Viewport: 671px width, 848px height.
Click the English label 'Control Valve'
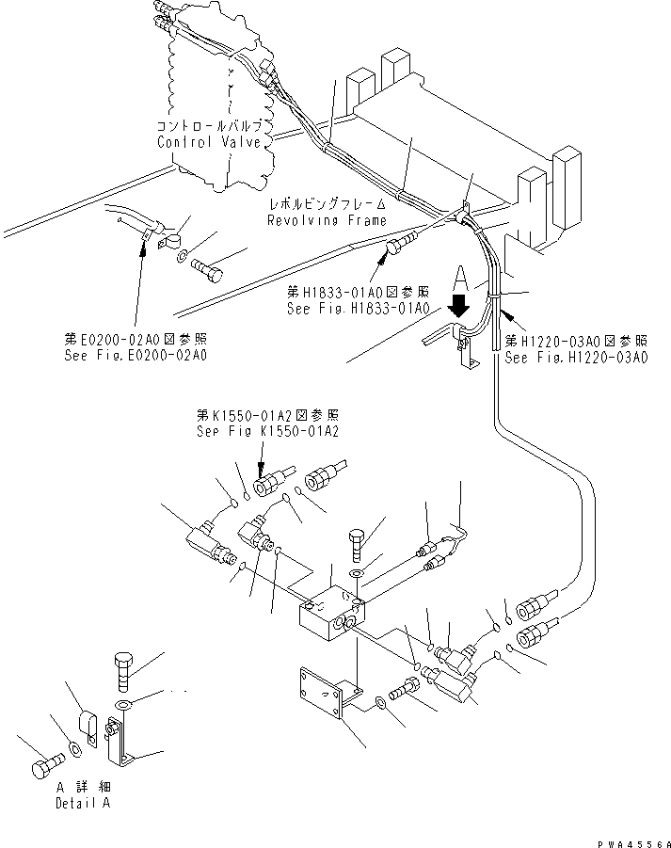(209, 142)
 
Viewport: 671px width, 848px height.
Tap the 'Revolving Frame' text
(328, 220)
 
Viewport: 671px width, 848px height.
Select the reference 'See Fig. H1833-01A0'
(359, 309)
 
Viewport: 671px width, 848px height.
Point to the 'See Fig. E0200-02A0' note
(136, 356)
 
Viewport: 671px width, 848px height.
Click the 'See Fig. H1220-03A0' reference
(576, 358)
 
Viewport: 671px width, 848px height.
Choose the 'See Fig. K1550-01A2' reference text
(267, 432)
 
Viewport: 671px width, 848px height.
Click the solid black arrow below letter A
(459, 306)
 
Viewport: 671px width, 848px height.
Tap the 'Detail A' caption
(83, 803)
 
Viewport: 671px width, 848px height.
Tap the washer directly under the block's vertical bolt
(358, 573)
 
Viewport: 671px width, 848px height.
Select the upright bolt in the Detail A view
(123, 672)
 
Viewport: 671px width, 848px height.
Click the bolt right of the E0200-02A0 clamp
(207, 270)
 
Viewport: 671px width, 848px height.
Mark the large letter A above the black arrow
(459, 280)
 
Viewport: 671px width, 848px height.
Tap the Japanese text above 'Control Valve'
(210, 126)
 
